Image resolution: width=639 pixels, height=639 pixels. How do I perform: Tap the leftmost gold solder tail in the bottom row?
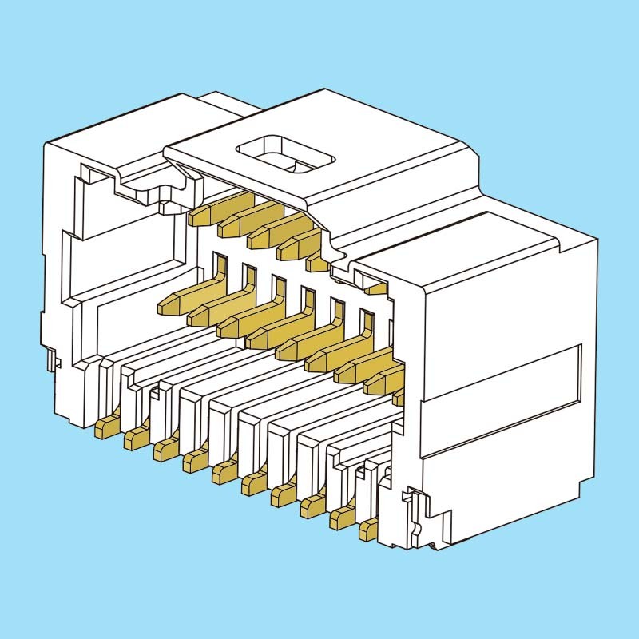[x=105, y=427]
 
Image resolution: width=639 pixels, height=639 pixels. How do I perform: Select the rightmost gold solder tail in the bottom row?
[x=368, y=527]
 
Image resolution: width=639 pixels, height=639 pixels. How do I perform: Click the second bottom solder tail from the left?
[x=135, y=438]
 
